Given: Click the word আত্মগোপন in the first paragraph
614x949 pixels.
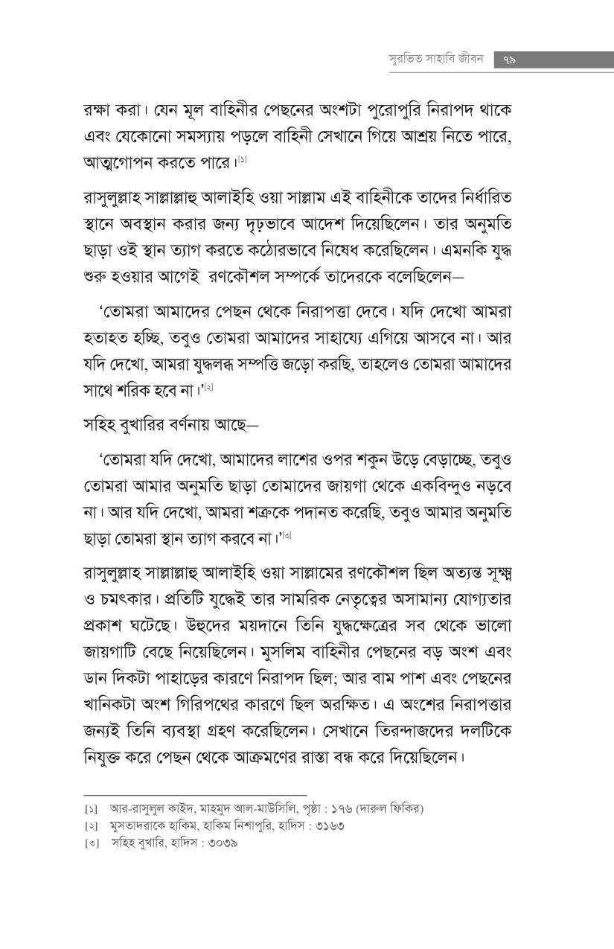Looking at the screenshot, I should (x=121, y=161).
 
